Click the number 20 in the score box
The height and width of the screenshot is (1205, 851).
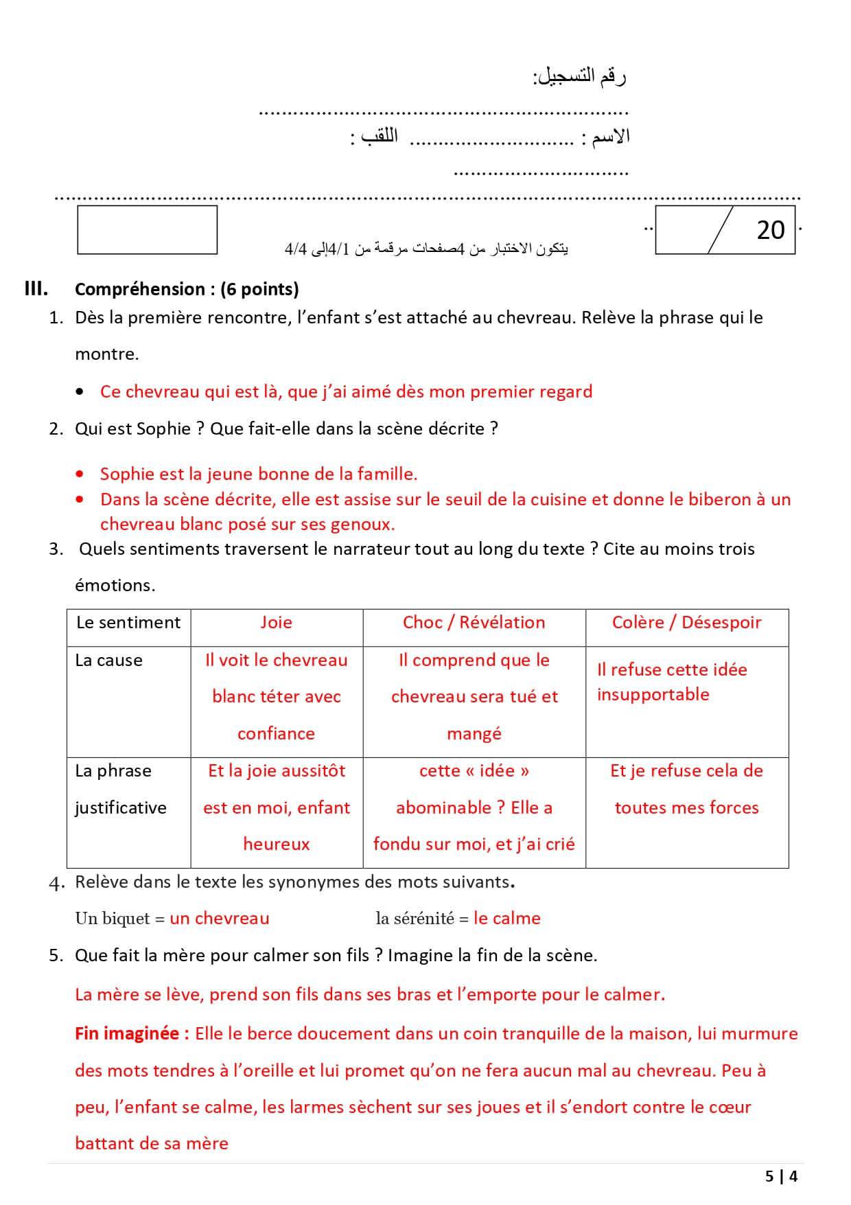(x=770, y=231)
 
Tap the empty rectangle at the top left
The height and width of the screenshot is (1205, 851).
(x=147, y=230)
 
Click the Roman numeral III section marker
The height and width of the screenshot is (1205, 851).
(x=36, y=288)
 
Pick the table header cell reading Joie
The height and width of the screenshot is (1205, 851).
(x=276, y=622)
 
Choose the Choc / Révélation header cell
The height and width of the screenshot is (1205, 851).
(x=474, y=622)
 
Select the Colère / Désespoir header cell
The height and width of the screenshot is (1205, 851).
(x=686, y=622)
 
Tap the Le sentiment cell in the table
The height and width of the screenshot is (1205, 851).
(x=128, y=622)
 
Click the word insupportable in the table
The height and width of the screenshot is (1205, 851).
(x=653, y=694)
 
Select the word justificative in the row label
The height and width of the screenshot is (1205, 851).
(x=121, y=807)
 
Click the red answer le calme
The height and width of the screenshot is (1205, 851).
(x=506, y=918)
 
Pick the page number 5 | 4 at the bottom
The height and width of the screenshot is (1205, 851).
(x=781, y=1176)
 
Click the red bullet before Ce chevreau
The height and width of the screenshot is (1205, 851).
(x=81, y=392)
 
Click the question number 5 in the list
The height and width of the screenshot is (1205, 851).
(x=56, y=955)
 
